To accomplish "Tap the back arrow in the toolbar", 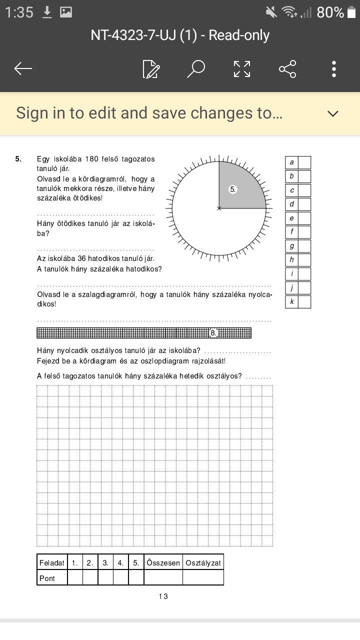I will click(23, 69).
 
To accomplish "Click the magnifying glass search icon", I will click(196, 69).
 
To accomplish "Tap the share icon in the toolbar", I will click(287, 69).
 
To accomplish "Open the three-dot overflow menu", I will click(334, 69).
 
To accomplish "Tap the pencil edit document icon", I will click(151, 69).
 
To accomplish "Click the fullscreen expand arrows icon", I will click(242, 69).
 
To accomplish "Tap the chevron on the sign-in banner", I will click(333, 113).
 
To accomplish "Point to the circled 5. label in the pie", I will click(232, 189).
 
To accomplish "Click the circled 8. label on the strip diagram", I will click(213, 332).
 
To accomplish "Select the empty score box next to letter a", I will click(304, 162).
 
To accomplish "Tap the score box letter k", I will click(292, 302).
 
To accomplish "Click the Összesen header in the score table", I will click(163, 562).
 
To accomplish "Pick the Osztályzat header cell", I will click(203, 562).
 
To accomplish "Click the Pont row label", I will click(47, 578).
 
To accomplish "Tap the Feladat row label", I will click(52, 562).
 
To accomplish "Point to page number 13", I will click(163, 596).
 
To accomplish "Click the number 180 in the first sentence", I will click(92, 159).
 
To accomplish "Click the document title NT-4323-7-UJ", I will click(180, 35).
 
